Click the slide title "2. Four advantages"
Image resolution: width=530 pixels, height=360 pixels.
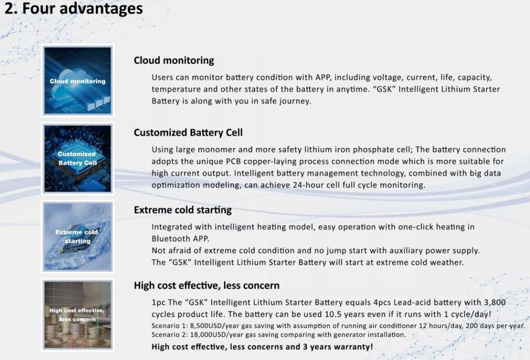point(73,8)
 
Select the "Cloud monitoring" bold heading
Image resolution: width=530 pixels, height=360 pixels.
point(174,61)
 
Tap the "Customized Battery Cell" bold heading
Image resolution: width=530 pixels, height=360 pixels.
point(188,132)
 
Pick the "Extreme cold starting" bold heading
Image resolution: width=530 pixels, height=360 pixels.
point(183,209)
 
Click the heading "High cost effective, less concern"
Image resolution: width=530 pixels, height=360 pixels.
point(207,286)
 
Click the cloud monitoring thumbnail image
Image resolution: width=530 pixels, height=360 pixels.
point(78,81)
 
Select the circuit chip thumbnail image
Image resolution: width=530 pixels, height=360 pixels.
point(78,158)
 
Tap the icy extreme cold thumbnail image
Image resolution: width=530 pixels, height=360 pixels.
point(78,236)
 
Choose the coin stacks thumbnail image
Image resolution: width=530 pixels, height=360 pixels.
point(78,314)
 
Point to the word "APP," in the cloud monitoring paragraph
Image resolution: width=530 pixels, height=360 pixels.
point(323,78)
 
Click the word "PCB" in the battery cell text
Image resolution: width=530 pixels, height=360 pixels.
point(233,161)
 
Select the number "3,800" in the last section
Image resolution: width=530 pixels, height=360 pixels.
point(495,302)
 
